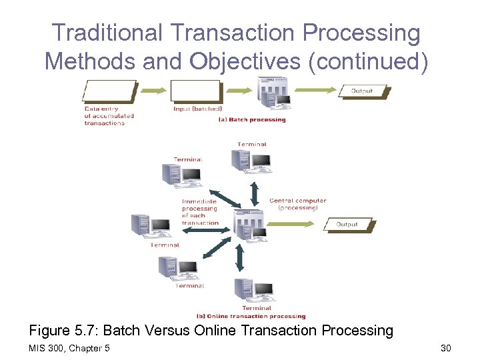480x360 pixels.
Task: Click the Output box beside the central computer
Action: tap(347, 225)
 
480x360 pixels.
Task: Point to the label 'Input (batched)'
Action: tap(197, 109)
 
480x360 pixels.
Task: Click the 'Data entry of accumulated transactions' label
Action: tap(109, 116)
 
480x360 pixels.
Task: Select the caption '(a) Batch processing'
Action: tap(252, 120)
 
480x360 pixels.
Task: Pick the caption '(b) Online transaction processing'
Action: tap(251, 316)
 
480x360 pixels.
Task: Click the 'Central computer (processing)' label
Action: tap(297, 204)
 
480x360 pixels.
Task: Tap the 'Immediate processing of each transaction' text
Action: tap(200, 211)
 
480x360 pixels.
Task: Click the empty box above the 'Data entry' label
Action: tap(110, 91)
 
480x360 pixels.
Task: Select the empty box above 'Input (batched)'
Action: tap(195, 91)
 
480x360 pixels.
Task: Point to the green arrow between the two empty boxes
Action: tap(153, 91)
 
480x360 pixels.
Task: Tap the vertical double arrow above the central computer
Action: tap(254, 193)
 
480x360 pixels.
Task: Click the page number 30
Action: tap(446, 349)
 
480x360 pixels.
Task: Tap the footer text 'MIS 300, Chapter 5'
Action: tap(70, 349)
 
